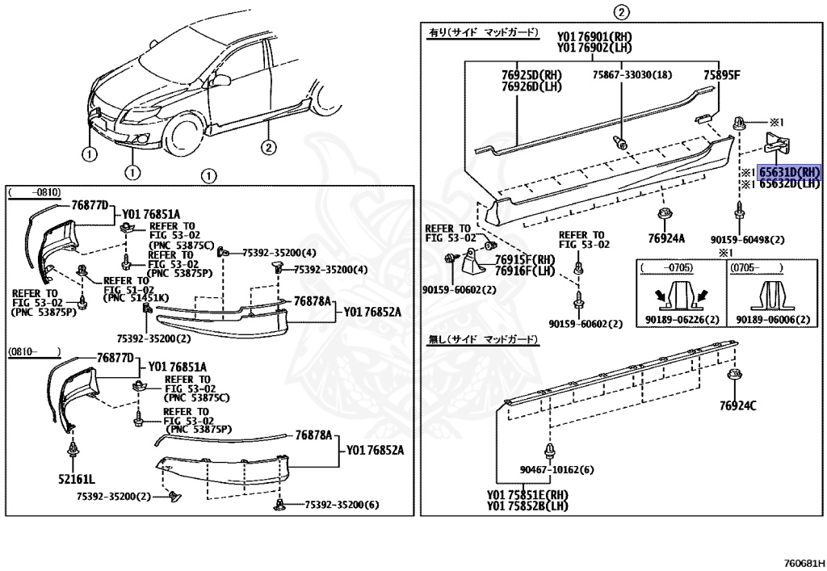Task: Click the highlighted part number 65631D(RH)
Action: (x=788, y=172)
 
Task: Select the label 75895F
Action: (x=720, y=75)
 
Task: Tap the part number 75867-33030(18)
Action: (x=631, y=75)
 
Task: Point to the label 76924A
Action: (x=665, y=237)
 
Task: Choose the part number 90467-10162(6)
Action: (x=556, y=470)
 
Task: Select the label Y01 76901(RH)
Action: (x=594, y=36)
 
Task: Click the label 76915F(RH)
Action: (x=525, y=260)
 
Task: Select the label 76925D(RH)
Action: (x=532, y=75)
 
